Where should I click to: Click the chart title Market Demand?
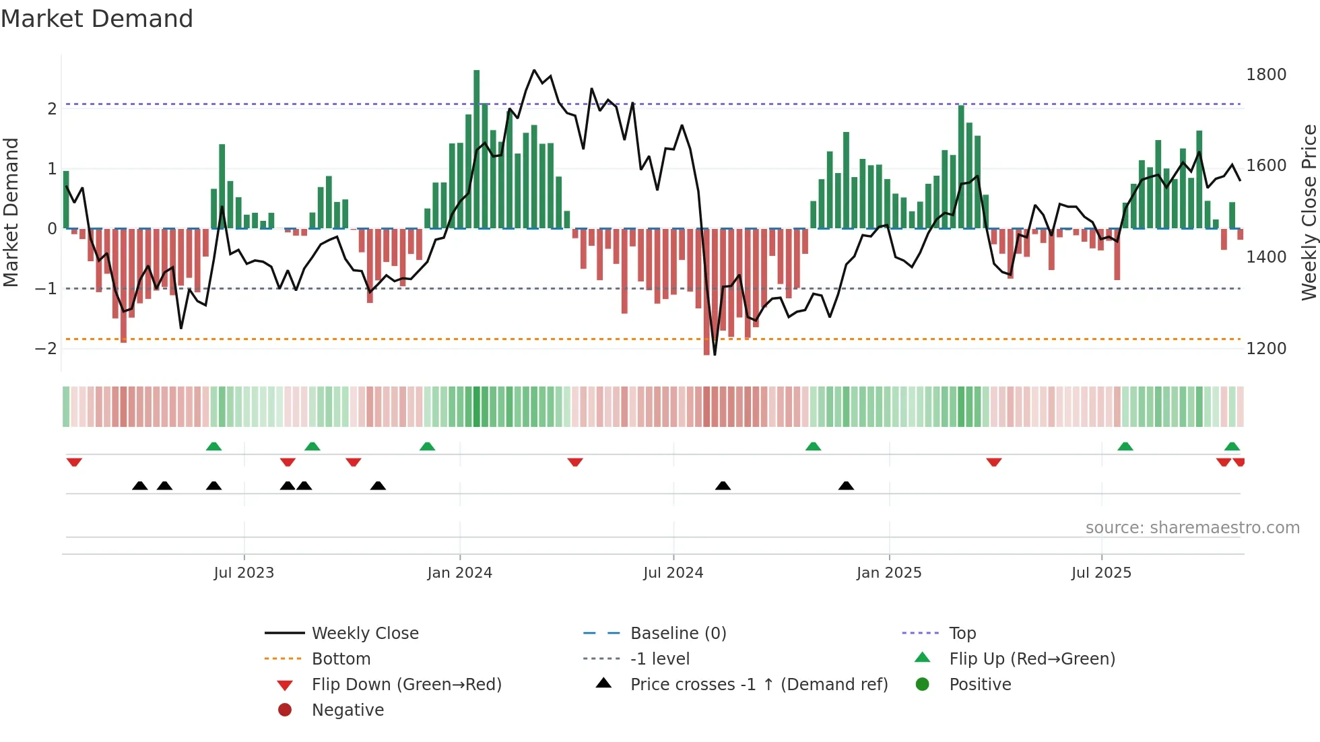(x=97, y=19)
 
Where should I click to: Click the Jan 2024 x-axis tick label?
(x=459, y=573)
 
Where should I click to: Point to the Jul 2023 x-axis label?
(x=244, y=573)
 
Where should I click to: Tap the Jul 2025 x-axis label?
(x=1101, y=573)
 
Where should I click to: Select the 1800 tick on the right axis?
(x=1265, y=75)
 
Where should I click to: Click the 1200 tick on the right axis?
(x=1265, y=349)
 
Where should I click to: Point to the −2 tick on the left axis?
(x=46, y=349)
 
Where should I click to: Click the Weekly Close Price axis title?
(x=1309, y=212)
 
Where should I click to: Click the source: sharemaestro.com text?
(x=1192, y=528)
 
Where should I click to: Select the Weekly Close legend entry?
(x=364, y=634)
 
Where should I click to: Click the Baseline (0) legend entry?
(x=678, y=634)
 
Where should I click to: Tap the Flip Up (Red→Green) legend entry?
(x=1032, y=659)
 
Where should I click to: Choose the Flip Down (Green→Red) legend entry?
(x=406, y=685)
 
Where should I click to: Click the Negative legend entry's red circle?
(x=285, y=710)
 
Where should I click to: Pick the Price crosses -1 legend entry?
(x=758, y=685)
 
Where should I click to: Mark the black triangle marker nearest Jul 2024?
(x=723, y=486)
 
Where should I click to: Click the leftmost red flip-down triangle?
(x=74, y=462)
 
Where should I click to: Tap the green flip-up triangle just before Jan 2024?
(x=427, y=446)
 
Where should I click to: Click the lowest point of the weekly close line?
(x=715, y=354)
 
